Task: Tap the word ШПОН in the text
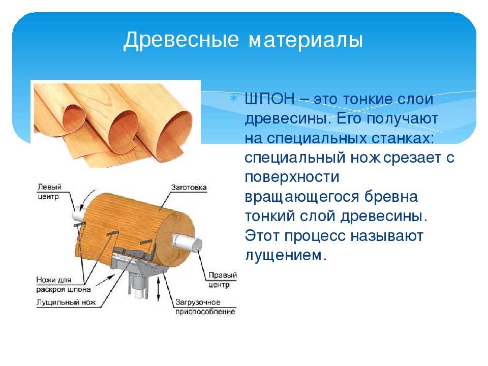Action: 270,99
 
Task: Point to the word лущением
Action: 286,256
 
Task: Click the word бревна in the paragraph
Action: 391,197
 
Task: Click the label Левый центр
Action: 49,192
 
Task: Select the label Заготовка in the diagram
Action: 189,188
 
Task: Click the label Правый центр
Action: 223,280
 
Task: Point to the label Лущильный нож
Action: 66,302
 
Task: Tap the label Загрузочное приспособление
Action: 205,307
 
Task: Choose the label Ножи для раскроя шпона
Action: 64,285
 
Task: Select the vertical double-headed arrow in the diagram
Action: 159,289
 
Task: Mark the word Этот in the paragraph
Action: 262,235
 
